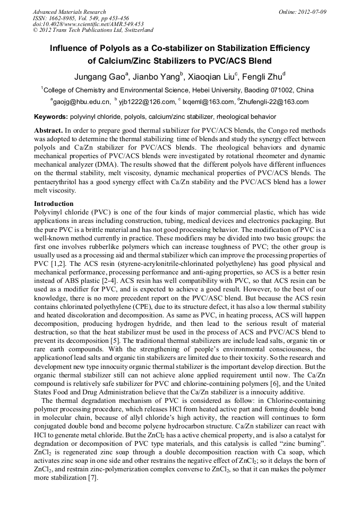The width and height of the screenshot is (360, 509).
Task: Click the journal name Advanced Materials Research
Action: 69,12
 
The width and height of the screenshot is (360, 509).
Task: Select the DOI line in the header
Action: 88,24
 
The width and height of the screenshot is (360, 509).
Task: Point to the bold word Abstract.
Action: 48,130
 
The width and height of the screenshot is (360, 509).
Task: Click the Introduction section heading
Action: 54,204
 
